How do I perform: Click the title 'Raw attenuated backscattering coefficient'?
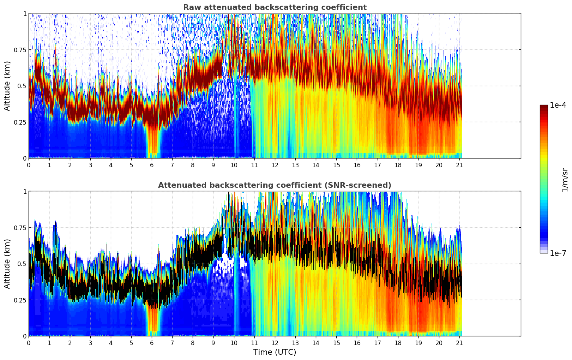click(x=275, y=7)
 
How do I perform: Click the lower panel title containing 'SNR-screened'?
click(x=275, y=185)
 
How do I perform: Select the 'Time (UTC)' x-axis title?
click(x=275, y=352)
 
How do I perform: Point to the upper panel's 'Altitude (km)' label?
click(x=7, y=86)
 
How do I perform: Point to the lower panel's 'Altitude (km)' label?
click(x=7, y=264)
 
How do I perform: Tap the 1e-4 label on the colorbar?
click(x=558, y=105)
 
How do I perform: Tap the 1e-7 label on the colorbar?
click(x=558, y=253)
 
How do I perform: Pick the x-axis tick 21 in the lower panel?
click(x=459, y=343)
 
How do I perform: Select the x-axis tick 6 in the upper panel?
click(x=152, y=165)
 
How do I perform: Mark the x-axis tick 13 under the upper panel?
click(x=295, y=165)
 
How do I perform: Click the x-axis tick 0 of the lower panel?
click(x=29, y=343)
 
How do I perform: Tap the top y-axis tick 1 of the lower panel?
click(x=25, y=191)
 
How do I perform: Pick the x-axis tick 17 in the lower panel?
click(x=378, y=343)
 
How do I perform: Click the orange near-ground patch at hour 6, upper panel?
click(x=152, y=141)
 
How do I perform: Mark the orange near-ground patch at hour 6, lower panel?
click(x=152, y=319)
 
